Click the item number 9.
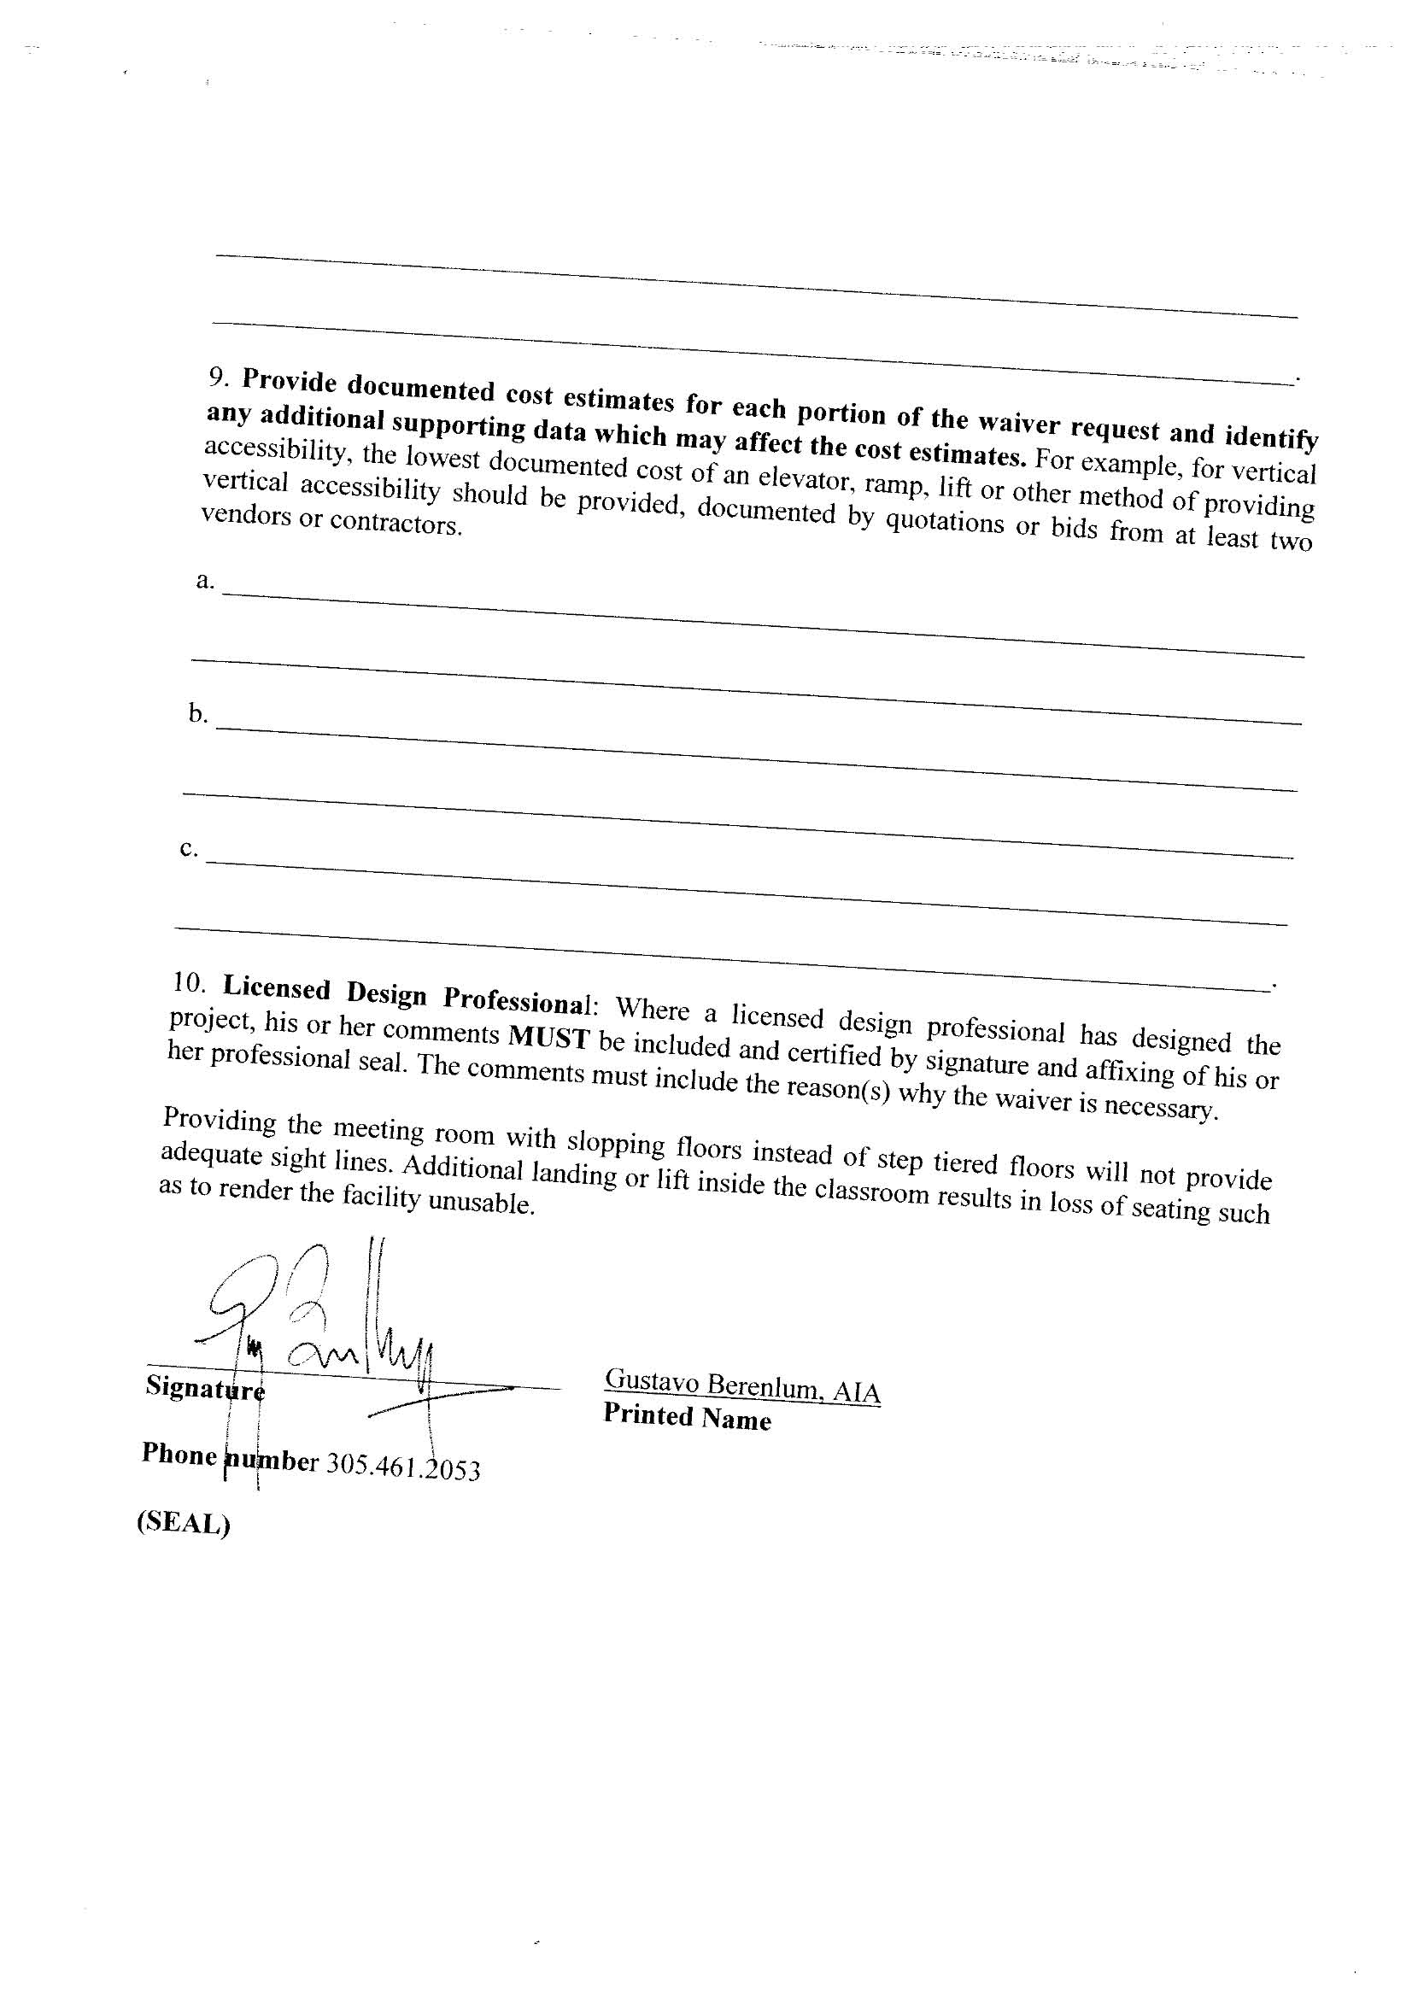[x=218, y=377]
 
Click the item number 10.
[x=189, y=983]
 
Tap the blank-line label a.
[x=204, y=580]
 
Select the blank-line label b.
[x=197, y=714]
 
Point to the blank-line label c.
[x=189, y=848]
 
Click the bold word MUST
[x=549, y=1038]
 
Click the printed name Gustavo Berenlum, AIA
[x=742, y=1385]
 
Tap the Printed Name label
[x=688, y=1417]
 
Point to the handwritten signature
[x=322, y=1322]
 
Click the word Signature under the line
[x=205, y=1387]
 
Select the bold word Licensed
[x=277, y=988]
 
